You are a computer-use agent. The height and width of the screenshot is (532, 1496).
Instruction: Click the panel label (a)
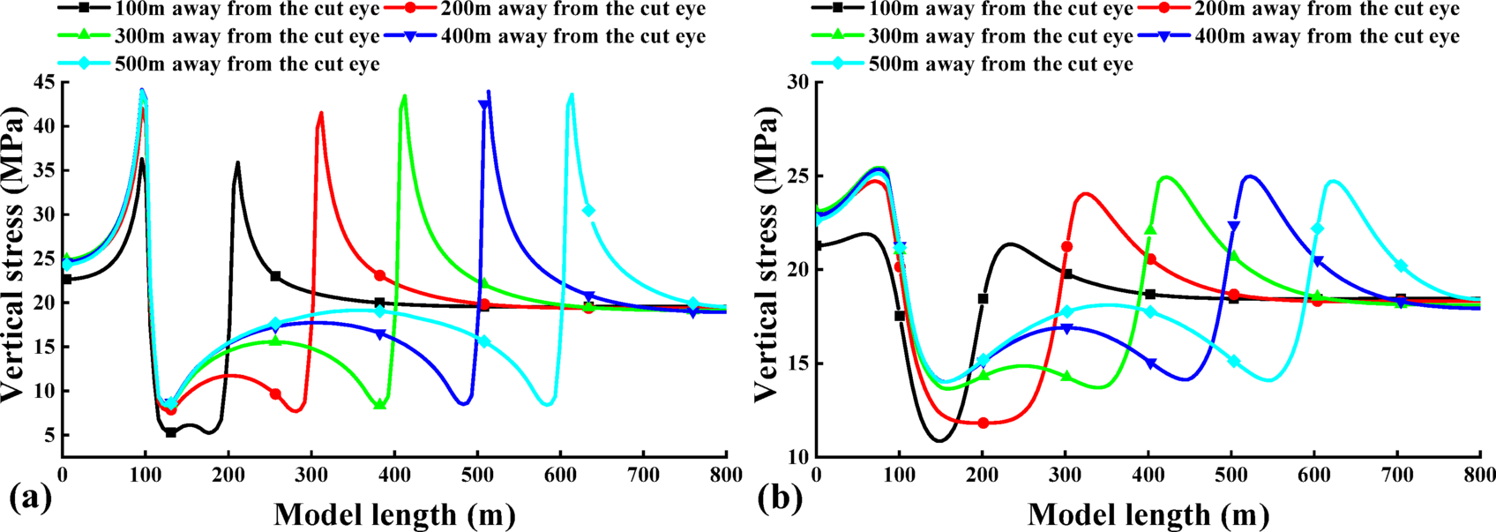30,500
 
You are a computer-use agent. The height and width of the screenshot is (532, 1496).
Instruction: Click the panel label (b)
780,500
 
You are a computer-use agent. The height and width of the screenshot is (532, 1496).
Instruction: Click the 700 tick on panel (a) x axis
643,476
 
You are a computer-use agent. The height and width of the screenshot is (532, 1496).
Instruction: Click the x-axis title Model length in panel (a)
394,514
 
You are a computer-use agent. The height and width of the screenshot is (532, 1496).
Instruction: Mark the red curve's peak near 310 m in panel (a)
321,113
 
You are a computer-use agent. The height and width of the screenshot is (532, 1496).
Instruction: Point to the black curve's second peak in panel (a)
237,163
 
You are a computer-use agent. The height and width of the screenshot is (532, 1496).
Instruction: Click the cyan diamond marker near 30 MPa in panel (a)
588,211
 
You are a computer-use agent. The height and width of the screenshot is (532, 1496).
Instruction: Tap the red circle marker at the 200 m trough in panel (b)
983,423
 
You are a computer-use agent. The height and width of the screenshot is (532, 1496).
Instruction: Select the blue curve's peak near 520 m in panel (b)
1249,176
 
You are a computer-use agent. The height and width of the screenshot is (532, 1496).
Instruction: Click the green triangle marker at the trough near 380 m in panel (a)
380,404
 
